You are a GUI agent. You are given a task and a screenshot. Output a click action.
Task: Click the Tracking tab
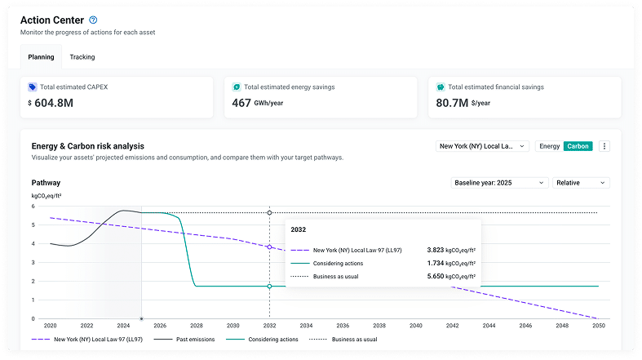pyautogui.click(x=82, y=57)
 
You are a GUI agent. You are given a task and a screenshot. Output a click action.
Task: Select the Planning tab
pyautogui.click(x=41, y=57)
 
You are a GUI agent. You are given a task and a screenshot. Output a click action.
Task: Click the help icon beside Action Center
pyautogui.click(x=93, y=20)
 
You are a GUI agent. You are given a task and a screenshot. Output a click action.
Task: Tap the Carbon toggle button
pyautogui.click(x=578, y=146)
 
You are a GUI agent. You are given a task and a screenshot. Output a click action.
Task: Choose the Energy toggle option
pyautogui.click(x=550, y=146)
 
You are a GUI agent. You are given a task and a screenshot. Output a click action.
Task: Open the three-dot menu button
pyautogui.click(x=604, y=146)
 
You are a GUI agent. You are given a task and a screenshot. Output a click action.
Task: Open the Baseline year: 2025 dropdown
pyautogui.click(x=499, y=183)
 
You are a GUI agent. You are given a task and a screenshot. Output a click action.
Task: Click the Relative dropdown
pyautogui.click(x=581, y=183)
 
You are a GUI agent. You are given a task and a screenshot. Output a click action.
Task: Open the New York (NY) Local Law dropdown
pyautogui.click(x=482, y=146)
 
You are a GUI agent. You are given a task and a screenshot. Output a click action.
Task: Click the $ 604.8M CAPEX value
pyautogui.click(x=51, y=103)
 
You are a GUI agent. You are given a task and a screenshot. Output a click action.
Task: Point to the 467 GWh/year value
pyautogui.click(x=258, y=103)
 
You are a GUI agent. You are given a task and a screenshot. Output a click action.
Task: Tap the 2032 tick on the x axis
pyautogui.click(x=269, y=326)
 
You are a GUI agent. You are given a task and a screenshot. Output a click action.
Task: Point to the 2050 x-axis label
pyautogui.click(x=599, y=326)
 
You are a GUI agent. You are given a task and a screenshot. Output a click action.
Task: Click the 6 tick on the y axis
pyautogui.click(x=33, y=206)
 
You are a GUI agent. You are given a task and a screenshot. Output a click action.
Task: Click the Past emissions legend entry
pyautogui.click(x=184, y=339)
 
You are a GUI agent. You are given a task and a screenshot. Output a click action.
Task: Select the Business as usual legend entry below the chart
pyautogui.click(x=343, y=339)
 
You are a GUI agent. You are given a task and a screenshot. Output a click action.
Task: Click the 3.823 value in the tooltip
pyautogui.click(x=436, y=250)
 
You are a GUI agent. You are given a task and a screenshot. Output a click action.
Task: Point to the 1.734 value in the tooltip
pyautogui.click(x=436, y=263)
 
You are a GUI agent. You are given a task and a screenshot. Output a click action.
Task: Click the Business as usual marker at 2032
pyautogui.click(x=269, y=212)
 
